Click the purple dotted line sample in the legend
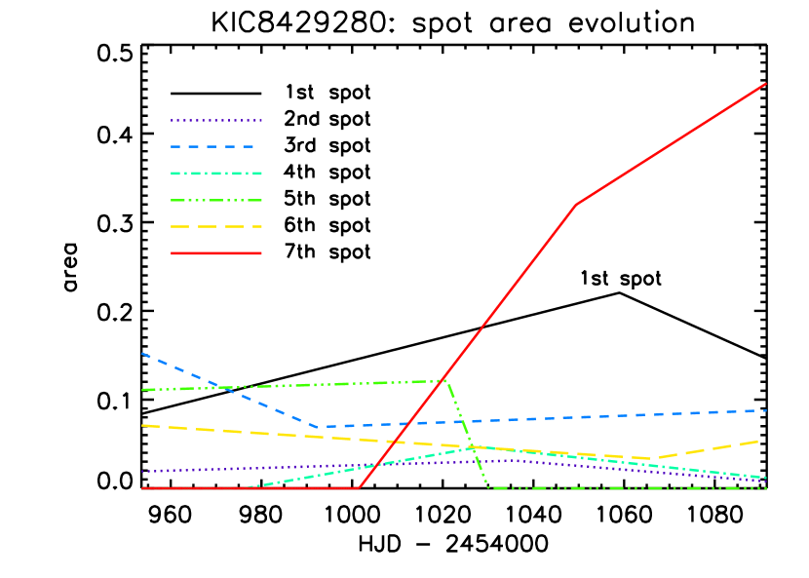(216, 121)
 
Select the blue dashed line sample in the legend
(216, 147)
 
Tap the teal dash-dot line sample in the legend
(216, 173)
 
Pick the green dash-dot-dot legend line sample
(216, 200)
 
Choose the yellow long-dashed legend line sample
(216, 226)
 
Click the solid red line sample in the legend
(216, 253)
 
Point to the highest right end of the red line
(766, 84)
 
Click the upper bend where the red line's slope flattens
(576, 205)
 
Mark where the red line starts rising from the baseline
(358, 488)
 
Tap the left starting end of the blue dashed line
(142, 353)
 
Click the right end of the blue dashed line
(766, 410)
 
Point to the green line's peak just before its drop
(445, 380)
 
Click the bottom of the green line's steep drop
(487, 487)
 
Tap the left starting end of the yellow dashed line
(142, 425)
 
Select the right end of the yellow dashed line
(759, 441)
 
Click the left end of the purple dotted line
(142, 472)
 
